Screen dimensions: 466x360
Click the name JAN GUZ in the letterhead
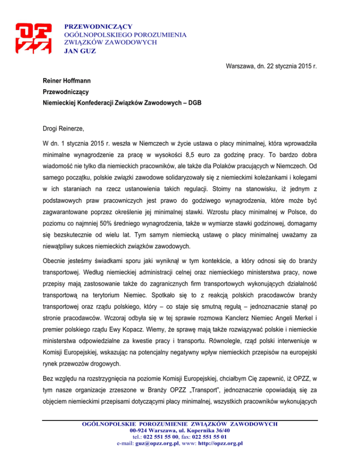coord(80,51)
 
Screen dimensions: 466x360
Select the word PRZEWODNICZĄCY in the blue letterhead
coord(98,27)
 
